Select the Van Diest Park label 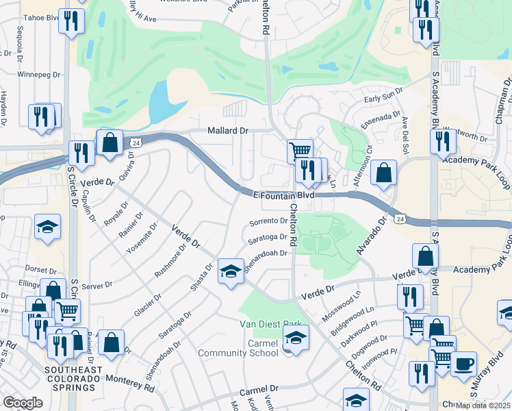point(270,324)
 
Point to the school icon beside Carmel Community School point(296,338)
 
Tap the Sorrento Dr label point(268,221)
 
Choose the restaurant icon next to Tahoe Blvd point(71,22)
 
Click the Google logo point(23,403)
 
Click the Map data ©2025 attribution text point(483,405)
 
